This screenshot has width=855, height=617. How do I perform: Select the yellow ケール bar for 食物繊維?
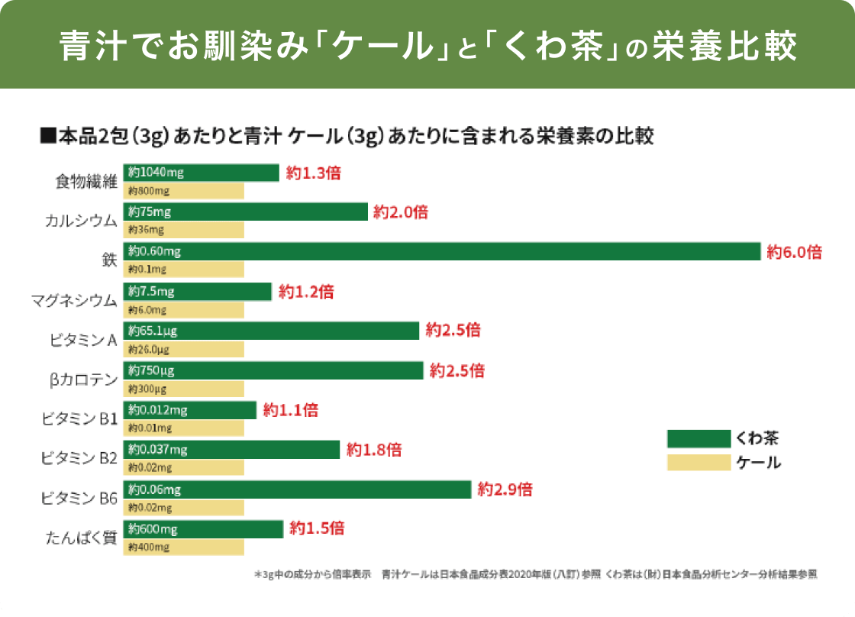183,191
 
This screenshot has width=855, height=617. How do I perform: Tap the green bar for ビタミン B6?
298,489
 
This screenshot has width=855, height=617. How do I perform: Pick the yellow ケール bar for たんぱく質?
183,548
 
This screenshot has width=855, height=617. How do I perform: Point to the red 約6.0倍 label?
794,252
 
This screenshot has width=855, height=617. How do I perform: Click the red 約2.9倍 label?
505,490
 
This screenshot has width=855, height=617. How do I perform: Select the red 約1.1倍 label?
290,411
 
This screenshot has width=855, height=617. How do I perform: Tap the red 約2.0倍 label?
400,212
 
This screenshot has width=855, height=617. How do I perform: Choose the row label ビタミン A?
83,341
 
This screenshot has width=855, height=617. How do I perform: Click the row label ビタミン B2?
79,458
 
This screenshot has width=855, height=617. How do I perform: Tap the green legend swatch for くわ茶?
699,438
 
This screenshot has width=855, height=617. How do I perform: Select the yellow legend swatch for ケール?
699,462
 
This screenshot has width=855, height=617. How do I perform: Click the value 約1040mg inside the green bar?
156,173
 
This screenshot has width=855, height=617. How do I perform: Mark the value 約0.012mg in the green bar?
158,410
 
